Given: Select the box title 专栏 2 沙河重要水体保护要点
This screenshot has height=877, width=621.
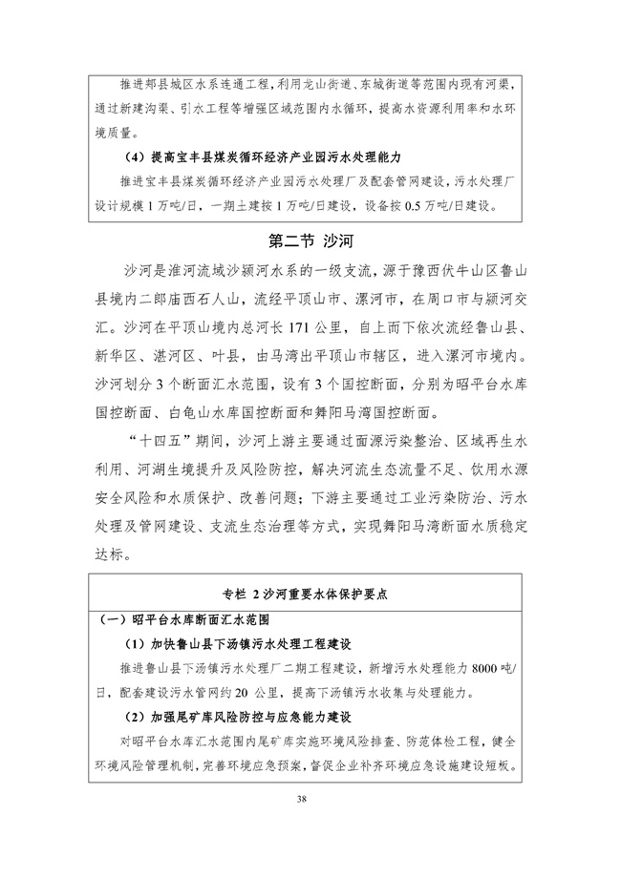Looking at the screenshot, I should (310, 592).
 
